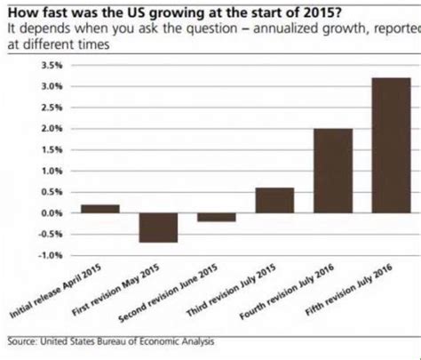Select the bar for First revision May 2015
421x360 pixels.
pos(156,228)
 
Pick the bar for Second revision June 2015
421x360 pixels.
pos(216,218)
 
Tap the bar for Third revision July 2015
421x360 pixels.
pos(274,201)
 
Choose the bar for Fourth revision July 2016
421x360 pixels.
pos(332,171)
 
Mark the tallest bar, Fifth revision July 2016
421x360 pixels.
pos(391,146)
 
